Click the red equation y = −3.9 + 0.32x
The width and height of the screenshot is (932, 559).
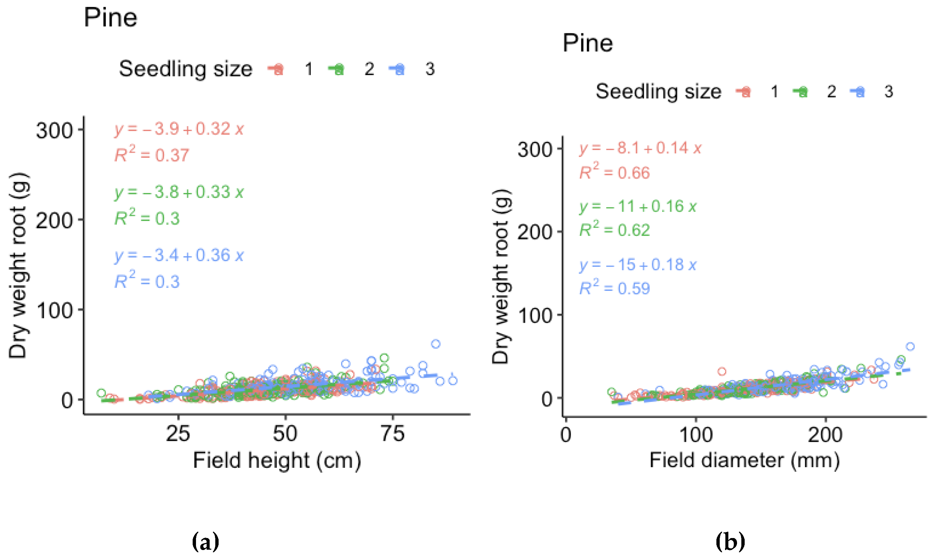[x=179, y=129]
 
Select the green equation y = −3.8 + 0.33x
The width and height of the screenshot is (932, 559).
[x=179, y=192]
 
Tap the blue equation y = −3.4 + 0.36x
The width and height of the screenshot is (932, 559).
[x=179, y=256]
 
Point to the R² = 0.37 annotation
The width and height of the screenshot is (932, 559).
[x=152, y=155]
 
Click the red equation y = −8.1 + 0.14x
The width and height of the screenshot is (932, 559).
[x=640, y=148]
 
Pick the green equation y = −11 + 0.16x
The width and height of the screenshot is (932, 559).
[x=638, y=206]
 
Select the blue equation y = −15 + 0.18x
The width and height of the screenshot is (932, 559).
[x=638, y=265]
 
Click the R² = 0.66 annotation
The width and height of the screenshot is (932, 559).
[x=615, y=172]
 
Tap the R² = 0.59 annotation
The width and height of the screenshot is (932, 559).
[x=615, y=288]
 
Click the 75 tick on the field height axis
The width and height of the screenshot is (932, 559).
[x=392, y=434]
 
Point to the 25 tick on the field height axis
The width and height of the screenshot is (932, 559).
[x=178, y=434]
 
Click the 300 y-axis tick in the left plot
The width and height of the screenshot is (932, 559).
[x=54, y=131]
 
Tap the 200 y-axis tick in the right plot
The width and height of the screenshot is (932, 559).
[x=535, y=232]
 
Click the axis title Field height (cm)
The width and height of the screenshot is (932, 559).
[x=277, y=460]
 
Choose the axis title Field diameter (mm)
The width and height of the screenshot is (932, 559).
[x=744, y=460]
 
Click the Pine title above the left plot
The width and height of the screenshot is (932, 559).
[x=110, y=18]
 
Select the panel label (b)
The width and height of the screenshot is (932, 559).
[x=730, y=542]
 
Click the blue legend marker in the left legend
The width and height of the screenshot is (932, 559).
[x=398, y=69]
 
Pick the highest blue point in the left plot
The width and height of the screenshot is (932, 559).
[x=436, y=343]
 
